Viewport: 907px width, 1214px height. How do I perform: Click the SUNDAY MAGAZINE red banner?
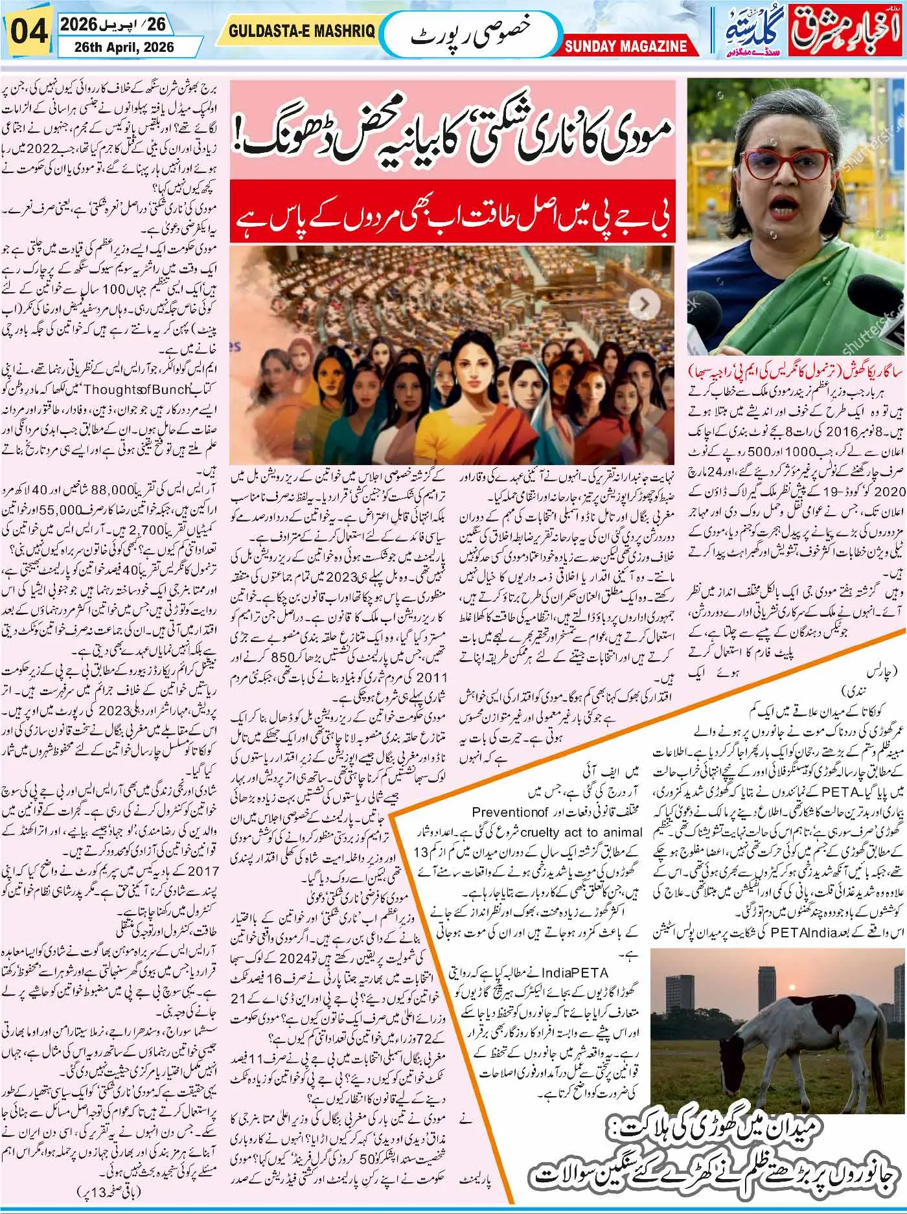(x=625, y=46)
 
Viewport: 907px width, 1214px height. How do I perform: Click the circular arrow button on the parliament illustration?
(x=645, y=304)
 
